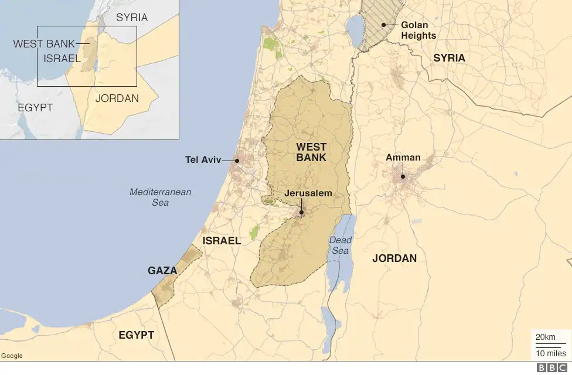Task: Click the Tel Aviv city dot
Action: (237, 159)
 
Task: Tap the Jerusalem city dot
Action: (301, 213)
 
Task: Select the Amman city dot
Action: (403, 176)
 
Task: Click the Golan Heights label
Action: (418, 30)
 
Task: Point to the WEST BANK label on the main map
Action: (311, 152)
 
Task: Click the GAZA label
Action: (162, 271)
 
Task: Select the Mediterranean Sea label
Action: (160, 197)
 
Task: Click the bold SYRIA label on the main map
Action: (449, 58)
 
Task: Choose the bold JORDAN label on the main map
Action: (394, 258)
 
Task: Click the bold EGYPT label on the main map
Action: (136, 335)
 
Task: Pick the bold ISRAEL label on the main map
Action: (222, 241)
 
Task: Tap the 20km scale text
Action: (545, 337)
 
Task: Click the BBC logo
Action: (549, 368)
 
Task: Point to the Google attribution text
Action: (12, 356)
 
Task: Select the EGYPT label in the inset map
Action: (35, 108)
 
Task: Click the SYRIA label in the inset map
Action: (132, 18)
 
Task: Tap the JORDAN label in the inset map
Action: (117, 98)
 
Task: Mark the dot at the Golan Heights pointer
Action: (383, 25)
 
